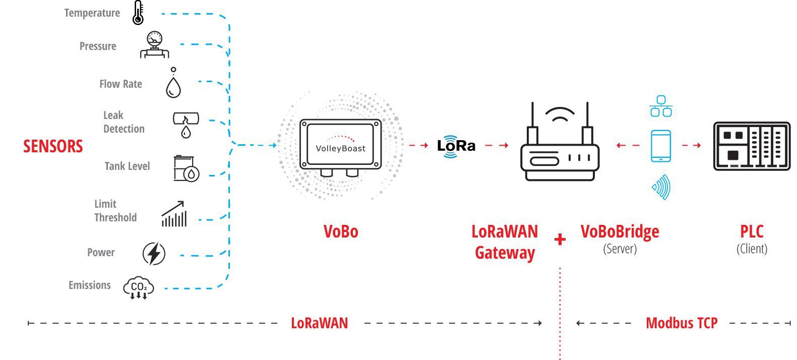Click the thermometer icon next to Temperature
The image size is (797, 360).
point(138,13)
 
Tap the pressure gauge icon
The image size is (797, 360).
point(154,45)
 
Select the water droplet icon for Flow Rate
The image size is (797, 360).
point(173,86)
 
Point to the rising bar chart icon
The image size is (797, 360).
point(174,214)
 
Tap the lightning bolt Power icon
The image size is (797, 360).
point(154,253)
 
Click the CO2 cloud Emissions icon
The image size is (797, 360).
point(139,288)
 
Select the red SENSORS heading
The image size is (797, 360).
point(53,146)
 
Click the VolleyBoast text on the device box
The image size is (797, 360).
point(340,148)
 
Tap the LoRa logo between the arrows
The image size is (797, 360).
point(456,146)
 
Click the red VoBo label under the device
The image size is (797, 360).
point(341,231)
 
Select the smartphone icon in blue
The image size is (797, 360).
point(660,146)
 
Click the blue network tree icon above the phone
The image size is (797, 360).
point(661,106)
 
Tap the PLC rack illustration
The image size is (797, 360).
point(752,146)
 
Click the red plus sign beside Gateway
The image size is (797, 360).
point(560,239)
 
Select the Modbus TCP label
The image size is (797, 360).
point(682,323)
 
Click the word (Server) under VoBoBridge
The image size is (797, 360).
point(620,249)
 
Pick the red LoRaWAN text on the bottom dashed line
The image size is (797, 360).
point(319,323)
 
